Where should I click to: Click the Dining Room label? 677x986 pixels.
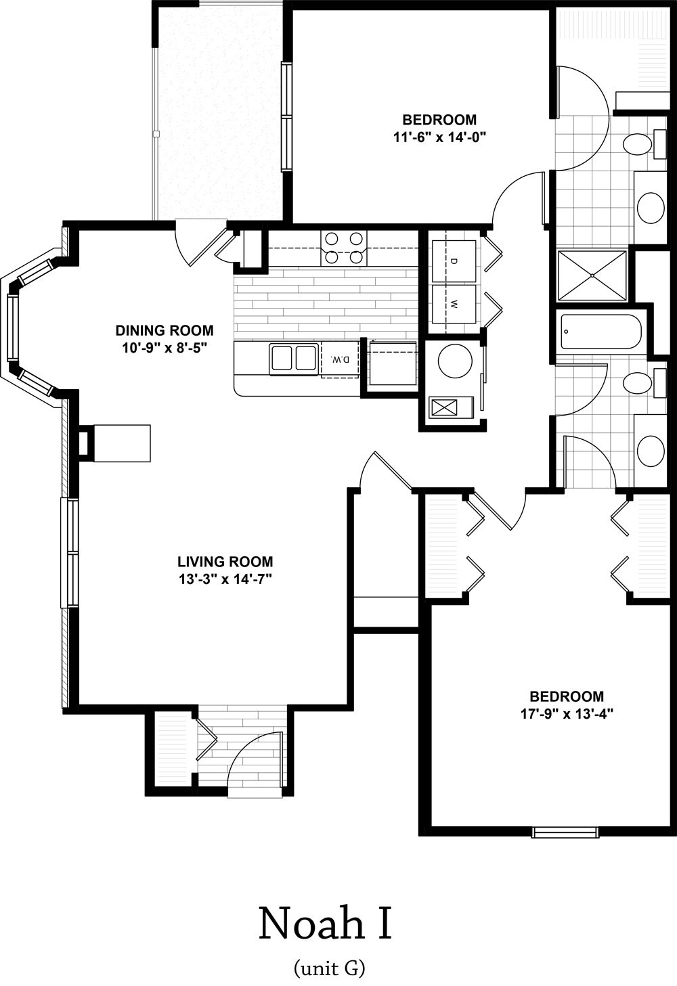165,330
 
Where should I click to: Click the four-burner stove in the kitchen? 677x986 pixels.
344,248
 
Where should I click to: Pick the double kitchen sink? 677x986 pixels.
294,358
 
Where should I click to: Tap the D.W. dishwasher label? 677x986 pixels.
340,359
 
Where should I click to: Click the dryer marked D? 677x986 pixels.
454,261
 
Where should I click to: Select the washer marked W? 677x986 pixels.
454,304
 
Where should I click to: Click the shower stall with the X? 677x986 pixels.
592,275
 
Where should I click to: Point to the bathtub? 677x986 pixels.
600,332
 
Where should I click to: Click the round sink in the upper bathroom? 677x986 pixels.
651,208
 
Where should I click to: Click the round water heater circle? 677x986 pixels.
455,361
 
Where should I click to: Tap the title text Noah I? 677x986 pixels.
325,924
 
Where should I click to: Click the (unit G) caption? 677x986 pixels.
330,968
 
